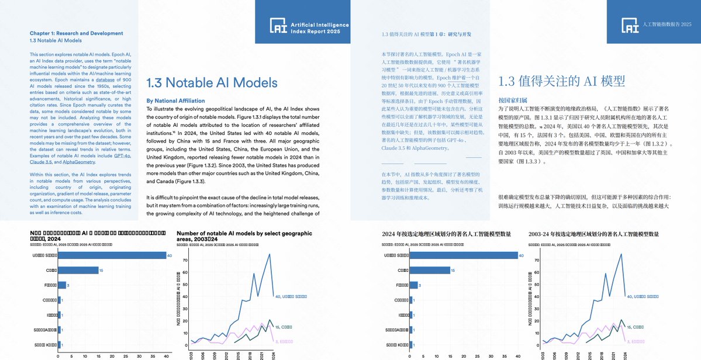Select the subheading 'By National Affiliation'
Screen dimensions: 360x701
point(175,101)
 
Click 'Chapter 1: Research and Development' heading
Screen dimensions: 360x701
point(76,33)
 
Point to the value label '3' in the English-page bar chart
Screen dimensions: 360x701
point(68,285)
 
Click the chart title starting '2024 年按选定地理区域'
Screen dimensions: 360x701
point(447,234)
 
